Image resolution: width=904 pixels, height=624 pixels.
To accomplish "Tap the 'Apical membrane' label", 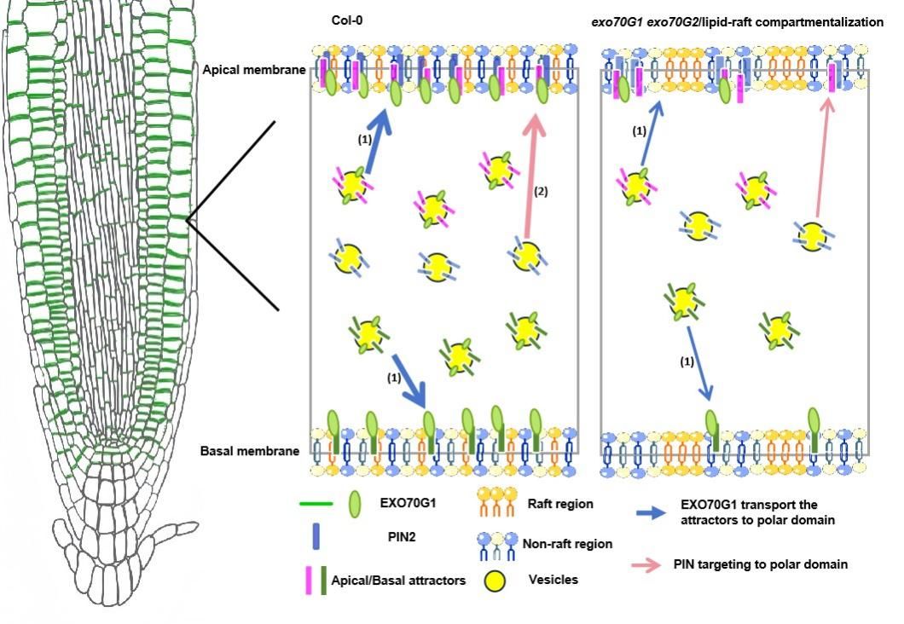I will (x=253, y=70).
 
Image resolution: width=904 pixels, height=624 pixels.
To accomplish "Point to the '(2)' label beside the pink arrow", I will (x=541, y=192).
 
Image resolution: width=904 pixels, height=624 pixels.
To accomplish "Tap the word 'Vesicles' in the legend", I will (x=553, y=580).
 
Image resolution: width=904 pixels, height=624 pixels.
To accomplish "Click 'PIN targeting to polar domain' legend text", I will (x=760, y=564).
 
